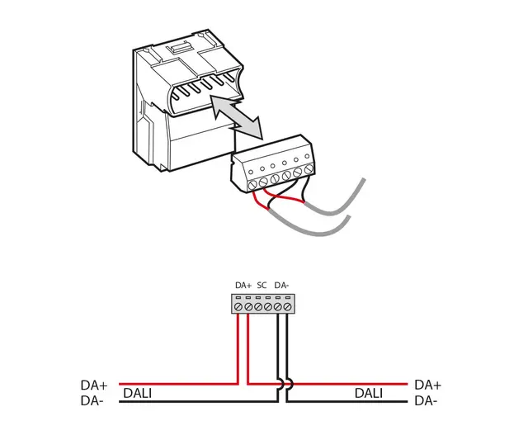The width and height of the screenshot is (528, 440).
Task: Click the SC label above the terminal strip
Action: pyautogui.click(x=262, y=285)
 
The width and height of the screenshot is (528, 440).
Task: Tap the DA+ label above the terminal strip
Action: pyautogui.click(x=243, y=285)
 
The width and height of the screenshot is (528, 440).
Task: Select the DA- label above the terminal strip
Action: pyautogui.click(x=282, y=285)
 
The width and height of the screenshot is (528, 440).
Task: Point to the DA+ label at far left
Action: pyautogui.click(x=94, y=385)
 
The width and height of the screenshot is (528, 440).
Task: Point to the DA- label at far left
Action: pyautogui.click(x=92, y=401)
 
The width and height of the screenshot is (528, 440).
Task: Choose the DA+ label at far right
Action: pyautogui.click(x=428, y=385)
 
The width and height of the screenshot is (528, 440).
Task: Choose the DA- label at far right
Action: pyautogui.click(x=427, y=401)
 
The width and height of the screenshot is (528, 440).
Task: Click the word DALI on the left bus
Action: pyautogui.click(x=137, y=394)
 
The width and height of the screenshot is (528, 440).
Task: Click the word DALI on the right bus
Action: pyautogui.click(x=369, y=394)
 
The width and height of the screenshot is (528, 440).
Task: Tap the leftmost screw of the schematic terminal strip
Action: pyautogui.click(x=239, y=306)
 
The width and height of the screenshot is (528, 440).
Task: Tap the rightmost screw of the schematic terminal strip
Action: pyautogui.click(x=288, y=306)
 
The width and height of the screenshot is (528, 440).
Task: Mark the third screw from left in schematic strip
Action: pyautogui.click(x=259, y=306)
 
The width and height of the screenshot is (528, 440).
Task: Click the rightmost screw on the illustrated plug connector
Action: pyautogui.click(x=309, y=170)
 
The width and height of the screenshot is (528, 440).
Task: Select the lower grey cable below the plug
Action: pyautogui.click(x=313, y=229)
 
